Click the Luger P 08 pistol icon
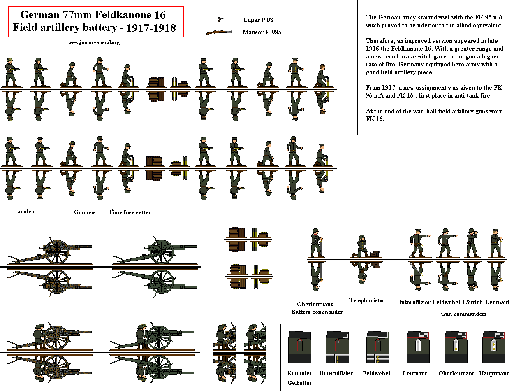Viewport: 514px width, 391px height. pyautogui.click(x=221, y=19)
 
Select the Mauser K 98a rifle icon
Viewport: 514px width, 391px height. pyautogui.click(x=219, y=32)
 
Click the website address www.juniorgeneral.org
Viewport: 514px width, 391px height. pyautogui.click(x=94, y=42)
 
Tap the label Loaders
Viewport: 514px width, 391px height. pyautogui.click(x=25, y=211)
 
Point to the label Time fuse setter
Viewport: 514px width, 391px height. pyautogui.click(x=130, y=212)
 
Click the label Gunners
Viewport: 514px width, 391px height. pyautogui.click(x=85, y=212)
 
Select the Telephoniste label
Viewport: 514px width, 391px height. pyautogui.click(x=366, y=300)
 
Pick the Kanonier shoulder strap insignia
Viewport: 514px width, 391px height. pyautogui.click(x=299, y=347)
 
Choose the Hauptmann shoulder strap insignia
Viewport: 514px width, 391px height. pyautogui.click(x=493, y=347)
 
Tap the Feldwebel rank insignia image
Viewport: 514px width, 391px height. pyautogui.click(x=378, y=347)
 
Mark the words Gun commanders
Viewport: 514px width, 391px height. pyautogui.click(x=463, y=314)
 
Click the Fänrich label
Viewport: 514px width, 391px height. pyautogui.click(x=472, y=302)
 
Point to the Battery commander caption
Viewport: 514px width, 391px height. pyautogui.click(x=317, y=312)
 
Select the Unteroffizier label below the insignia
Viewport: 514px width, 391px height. pyautogui.click(x=336, y=373)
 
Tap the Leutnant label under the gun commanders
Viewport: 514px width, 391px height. pyautogui.click(x=497, y=302)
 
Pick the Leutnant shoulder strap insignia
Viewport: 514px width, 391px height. pyautogui.click(x=418, y=347)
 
